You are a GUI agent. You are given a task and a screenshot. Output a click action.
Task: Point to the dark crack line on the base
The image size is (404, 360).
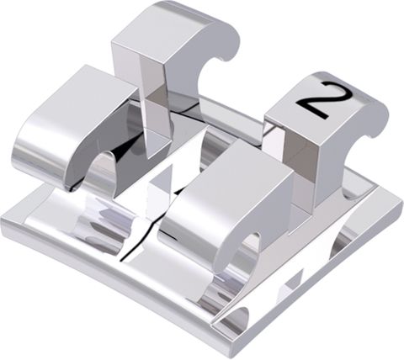click(x=139, y=244)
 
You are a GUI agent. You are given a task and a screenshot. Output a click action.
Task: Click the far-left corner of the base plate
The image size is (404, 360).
click(x=4, y=220)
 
